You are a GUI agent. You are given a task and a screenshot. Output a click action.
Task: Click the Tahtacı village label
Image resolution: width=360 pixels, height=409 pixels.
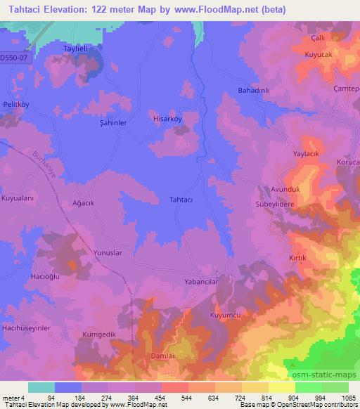tap(182, 199)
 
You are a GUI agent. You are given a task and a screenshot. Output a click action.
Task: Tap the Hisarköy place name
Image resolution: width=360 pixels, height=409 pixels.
tap(167, 119)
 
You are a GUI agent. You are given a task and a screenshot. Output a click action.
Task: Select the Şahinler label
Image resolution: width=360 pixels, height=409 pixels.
tap(112, 122)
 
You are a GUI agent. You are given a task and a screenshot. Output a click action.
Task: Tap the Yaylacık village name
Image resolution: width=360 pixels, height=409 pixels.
tap(307, 152)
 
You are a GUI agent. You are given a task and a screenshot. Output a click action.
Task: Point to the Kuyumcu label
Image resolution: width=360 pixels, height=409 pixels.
tap(226, 316)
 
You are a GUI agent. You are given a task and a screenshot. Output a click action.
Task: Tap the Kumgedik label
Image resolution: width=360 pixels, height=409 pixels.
tap(97, 334)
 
